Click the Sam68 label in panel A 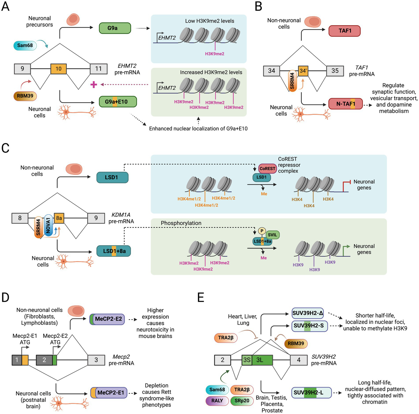point(25,45)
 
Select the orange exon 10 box point(58,69)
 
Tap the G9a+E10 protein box point(117,102)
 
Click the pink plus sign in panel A point(94,85)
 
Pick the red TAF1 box point(344,31)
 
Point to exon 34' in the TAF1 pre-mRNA point(303,71)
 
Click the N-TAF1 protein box point(345,104)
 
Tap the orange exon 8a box point(59,218)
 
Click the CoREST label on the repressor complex point(267,169)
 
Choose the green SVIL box point(272,235)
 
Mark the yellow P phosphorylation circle point(262,231)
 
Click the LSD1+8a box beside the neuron point(114,251)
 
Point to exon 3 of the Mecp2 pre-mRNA point(96,360)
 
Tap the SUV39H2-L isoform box point(311,393)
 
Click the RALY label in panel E point(217,401)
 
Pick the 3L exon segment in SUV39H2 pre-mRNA point(262,360)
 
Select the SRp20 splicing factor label point(242,401)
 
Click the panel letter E point(201,298)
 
